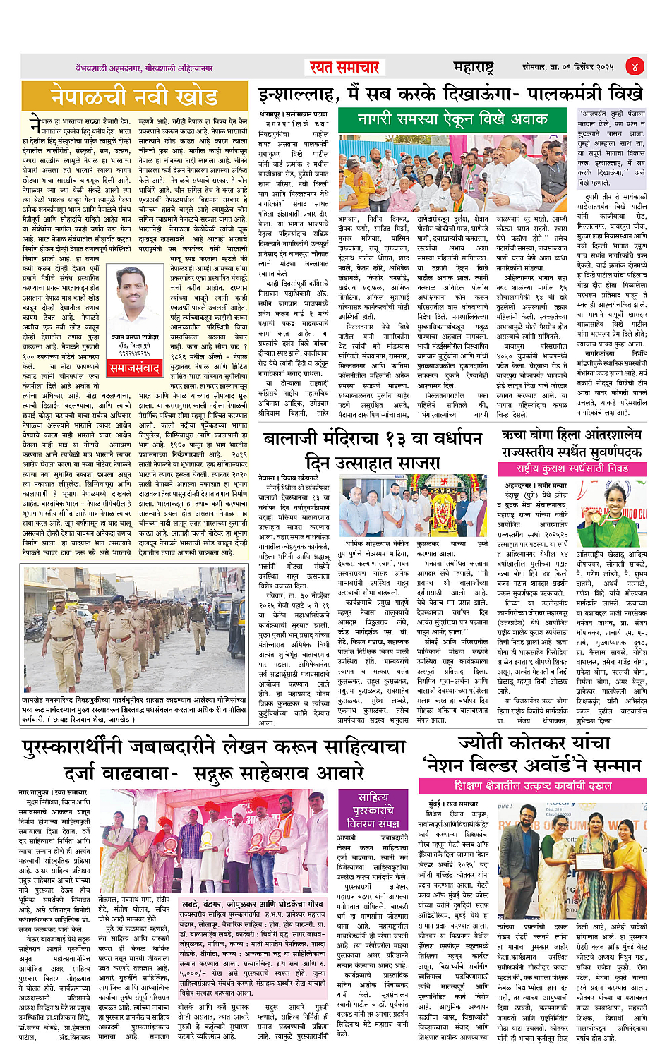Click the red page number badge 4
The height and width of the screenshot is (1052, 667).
pos(635,67)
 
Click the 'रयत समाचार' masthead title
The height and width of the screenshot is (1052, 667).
pos(344,68)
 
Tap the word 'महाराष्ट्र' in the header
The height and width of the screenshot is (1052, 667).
pos(473,68)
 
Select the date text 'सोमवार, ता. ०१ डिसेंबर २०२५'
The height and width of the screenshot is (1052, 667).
pos(567,68)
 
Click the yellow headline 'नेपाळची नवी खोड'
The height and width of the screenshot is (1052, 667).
pos(134,97)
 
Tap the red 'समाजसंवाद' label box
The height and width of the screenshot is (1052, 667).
pos(133,368)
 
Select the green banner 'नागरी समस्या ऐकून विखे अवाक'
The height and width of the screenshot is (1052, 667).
pos(452,119)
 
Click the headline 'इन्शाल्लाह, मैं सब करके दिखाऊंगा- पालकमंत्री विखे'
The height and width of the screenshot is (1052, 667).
pos(450,94)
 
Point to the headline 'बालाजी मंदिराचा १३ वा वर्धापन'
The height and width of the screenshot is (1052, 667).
pos(373,439)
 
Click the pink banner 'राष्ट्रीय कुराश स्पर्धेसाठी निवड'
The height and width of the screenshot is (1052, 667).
pos(572,468)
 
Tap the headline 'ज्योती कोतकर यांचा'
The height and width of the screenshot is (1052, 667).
pos(534,743)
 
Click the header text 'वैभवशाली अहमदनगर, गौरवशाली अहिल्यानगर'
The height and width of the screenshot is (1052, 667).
pos(144,68)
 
